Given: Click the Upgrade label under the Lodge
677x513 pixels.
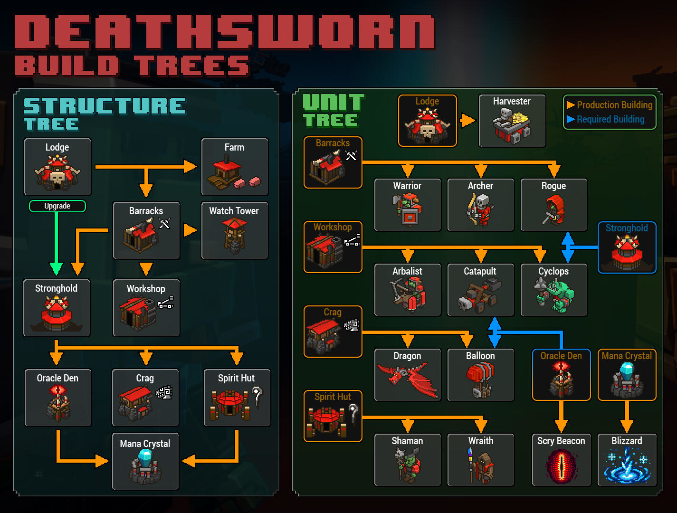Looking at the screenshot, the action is click(x=57, y=206).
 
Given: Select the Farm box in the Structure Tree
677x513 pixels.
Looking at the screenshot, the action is click(x=235, y=167).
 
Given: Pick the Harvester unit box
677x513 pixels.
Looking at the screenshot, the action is click(x=512, y=121).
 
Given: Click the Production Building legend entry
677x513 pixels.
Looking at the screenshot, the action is click(x=610, y=105).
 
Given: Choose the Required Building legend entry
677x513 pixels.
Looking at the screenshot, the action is click(x=606, y=119).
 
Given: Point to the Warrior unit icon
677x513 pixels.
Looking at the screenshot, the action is click(x=408, y=209).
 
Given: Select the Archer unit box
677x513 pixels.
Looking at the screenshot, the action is click(x=480, y=205).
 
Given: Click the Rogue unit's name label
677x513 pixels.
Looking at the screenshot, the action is click(x=553, y=186).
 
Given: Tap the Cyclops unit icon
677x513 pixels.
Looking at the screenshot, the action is click(x=554, y=295).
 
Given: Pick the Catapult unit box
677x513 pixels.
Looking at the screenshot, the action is click(x=480, y=290).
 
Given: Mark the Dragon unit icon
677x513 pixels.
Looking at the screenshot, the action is click(x=407, y=380).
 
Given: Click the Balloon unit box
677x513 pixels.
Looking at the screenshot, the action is click(x=480, y=375).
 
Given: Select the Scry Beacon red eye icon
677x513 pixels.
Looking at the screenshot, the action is click(x=561, y=466).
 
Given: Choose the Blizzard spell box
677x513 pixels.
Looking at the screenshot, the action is click(x=627, y=460).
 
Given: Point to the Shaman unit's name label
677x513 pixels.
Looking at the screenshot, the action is click(x=407, y=441).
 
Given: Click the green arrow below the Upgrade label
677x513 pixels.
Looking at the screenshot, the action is click(x=57, y=244).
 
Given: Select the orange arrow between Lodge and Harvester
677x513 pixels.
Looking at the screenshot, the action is click(x=467, y=121).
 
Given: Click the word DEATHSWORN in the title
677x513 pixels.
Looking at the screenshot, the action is click(x=225, y=32).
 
